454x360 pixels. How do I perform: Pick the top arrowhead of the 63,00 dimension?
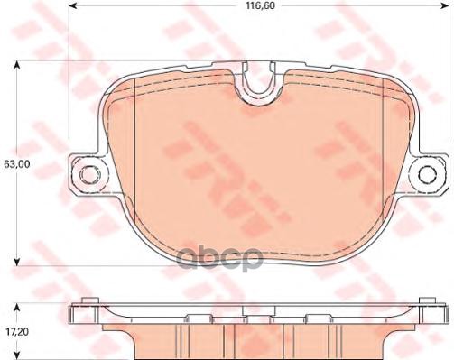coord(16,65)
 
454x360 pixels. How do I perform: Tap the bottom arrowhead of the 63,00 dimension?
coord(16,262)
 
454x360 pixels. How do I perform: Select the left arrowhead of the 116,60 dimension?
coord(73,18)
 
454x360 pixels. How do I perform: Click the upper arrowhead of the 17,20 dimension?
coord(16,303)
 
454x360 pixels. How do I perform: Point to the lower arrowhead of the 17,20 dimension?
coord(16,355)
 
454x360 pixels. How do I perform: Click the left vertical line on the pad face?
coord(134,162)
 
